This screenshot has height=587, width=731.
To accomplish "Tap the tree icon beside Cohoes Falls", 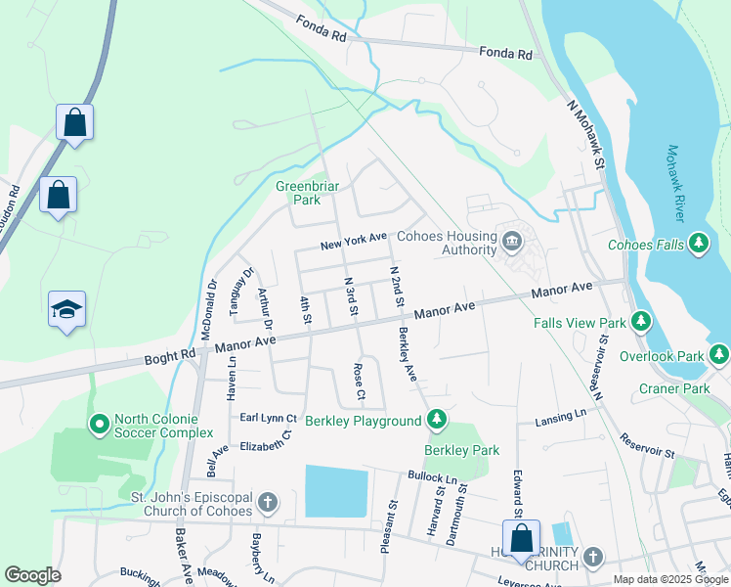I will (698, 244).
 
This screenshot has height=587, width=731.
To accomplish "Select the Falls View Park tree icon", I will (640, 322).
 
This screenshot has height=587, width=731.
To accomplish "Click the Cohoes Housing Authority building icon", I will (511, 241).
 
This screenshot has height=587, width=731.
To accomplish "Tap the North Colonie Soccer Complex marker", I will (99, 425).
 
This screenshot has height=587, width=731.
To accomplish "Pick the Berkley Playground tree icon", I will (437, 421).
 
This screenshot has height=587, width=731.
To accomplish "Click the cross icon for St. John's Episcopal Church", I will (268, 504).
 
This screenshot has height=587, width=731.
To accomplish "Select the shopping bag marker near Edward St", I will (521, 538).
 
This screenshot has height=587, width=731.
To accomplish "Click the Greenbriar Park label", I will (298, 193).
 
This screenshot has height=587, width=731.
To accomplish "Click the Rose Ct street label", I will (360, 382).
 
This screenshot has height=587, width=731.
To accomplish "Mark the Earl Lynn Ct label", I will (268, 418).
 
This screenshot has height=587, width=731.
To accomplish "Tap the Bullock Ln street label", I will (432, 477).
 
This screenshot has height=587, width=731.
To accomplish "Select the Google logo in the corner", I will (32, 575).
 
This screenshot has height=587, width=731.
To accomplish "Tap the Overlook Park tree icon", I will (720, 352).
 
